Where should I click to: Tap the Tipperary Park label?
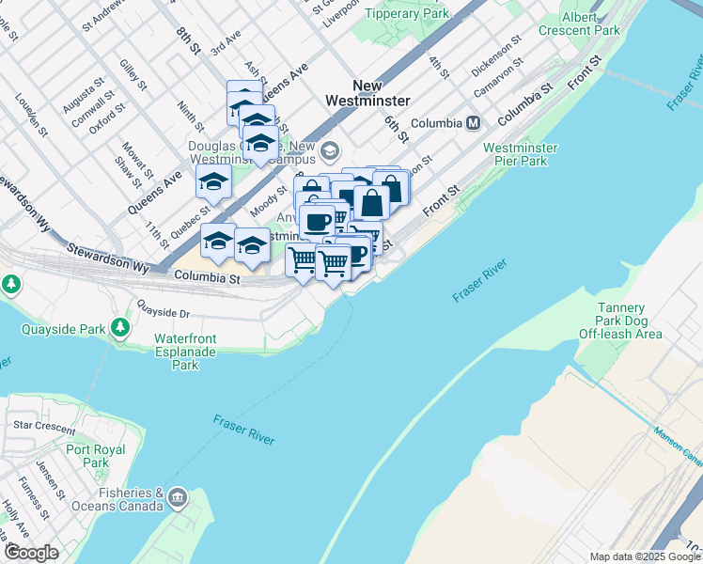point(406,13)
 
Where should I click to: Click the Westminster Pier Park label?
point(521,154)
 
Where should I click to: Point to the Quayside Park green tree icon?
point(120,327)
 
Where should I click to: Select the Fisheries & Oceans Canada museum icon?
point(178,496)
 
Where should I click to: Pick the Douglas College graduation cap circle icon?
point(330,150)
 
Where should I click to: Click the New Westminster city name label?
point(367,92)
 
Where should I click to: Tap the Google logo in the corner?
point(31,552)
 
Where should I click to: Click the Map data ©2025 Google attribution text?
point(645,556)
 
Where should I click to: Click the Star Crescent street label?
point(44,426)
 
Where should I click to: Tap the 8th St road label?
point(189,40)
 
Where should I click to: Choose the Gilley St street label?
point(133,75)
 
